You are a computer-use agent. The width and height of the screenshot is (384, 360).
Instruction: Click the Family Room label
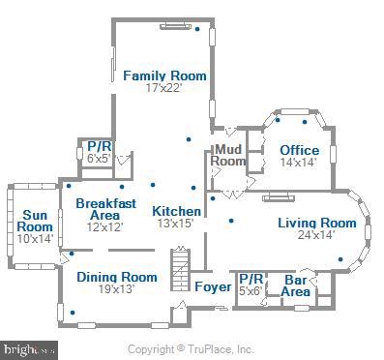pyautogui.click(x=163, y=75)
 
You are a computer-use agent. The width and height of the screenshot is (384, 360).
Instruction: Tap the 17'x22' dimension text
pyautogui.click(x=163, y=88)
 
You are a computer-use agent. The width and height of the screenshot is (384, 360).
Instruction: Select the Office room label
pyautogui.click(x=299, y=150)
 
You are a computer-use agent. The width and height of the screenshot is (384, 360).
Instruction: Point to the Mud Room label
pyautogui.click(x=229, y=155)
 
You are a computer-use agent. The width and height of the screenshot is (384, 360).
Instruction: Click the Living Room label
pyautogui.click(x=316, y=224)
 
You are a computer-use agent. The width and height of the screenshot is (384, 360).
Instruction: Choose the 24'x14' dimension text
pyautogui.click(x=316, y=235)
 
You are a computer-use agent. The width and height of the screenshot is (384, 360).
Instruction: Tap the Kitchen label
pyautogui.click(x=177, y=211)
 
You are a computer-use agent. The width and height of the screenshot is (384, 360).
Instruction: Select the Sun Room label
pyautogui.click(x=34, y=220)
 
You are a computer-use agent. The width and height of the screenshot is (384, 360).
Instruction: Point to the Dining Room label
pyautogui.click(x=116, y=277)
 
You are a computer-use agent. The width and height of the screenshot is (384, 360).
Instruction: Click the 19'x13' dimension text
pyautogui.click(x=116, y=288)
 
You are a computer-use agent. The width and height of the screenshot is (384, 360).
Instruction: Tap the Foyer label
pyautogui.click(x=213, y=287)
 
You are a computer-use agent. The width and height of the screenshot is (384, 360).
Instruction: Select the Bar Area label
pyautogui.click(x=296, y=285)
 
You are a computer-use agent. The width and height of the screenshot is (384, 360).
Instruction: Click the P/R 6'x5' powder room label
pyautogui.click(x=98, y=152)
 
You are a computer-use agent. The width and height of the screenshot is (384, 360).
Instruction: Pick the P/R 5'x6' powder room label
pyautogui.click(x=251, y=284)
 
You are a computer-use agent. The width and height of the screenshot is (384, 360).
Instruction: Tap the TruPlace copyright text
pyautogui.click(x=192, y=349)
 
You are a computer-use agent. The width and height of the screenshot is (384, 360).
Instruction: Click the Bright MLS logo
pyautogui.click(x=29, y=349)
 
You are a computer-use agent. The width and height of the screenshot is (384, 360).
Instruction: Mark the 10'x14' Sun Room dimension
pyautogui.click(x=34, y=238)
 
